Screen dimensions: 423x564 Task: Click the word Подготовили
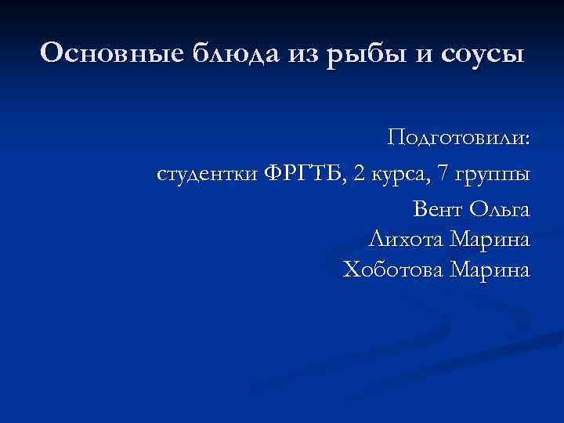[x=456, y=139]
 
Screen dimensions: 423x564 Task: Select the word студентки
[x=207, y=174]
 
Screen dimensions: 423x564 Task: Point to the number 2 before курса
[x=358, y=174]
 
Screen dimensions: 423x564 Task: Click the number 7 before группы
[x=444, y=174]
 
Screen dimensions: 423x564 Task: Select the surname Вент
[x=437, y=209]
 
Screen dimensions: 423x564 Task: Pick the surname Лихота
[x=403, y=239]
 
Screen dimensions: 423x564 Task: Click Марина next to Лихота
[x=490, y=240]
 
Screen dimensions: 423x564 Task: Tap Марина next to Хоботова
[x=490, y=271]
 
